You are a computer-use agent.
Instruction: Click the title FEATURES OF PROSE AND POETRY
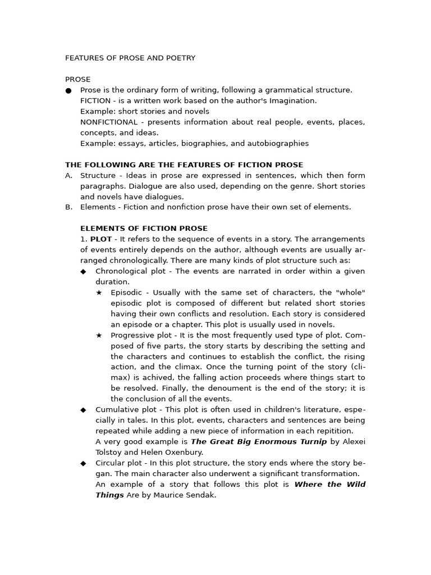coord(130,58)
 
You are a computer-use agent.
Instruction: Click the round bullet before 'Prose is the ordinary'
coord(68,90)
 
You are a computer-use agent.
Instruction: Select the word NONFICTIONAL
coord(109,122)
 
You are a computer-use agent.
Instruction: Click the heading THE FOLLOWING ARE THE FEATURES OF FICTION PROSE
coord(184,165)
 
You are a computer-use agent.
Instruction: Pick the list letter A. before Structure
coord(69,175)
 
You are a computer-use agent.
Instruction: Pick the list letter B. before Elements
coord(69,207)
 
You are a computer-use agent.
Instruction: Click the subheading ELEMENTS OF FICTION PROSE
coord(144,229)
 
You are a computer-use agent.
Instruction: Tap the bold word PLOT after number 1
coord(101,239)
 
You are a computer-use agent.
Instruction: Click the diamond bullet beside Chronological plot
coord(84,271)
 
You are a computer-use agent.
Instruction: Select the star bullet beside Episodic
coord(99,293)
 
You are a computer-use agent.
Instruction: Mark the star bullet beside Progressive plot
coord(99,335)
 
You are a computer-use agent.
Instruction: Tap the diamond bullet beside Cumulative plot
coord(84,410)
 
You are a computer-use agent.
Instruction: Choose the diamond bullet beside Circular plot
coord(84,463)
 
